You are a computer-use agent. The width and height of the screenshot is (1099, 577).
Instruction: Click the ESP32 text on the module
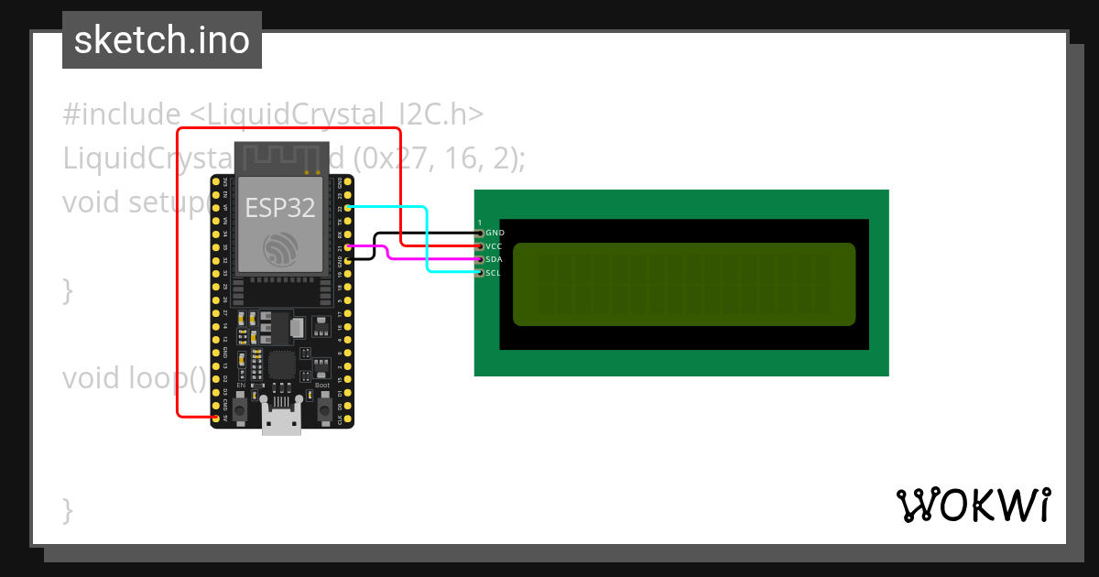point(280,208)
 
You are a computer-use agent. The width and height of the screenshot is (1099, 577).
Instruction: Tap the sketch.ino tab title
point(162,40)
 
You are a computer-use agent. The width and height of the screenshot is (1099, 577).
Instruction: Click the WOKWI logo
point(973,505)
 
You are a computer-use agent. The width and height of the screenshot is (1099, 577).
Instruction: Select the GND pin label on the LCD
point(495,234)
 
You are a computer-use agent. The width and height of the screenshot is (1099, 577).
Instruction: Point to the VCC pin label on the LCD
point(494,246)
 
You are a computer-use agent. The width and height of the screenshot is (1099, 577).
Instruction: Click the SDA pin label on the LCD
point(494,260)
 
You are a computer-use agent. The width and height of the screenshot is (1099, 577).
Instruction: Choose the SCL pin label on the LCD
point(493,273)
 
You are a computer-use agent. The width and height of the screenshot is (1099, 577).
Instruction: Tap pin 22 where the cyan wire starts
point(347,208)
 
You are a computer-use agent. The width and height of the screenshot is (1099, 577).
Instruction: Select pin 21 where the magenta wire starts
point(347,247)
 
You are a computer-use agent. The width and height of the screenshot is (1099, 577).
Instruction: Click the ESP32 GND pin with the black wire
point(347,261)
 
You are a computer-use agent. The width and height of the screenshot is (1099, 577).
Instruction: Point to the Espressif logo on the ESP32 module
point(280,249)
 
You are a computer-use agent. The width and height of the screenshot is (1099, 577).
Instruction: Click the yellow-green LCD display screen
point(683,284)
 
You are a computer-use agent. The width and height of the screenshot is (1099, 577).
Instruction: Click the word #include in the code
point(122,114)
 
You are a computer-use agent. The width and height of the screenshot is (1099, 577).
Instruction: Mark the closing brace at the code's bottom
point(68,508)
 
